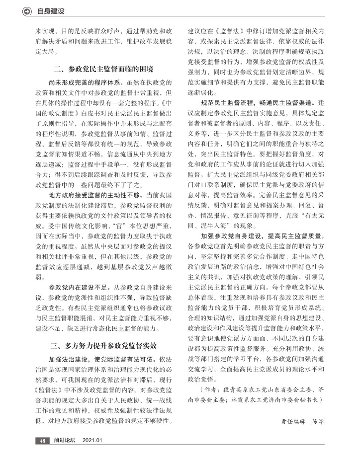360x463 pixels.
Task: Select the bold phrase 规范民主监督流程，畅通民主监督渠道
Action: (x=258, y=103)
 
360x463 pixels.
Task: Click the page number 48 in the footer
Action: (x=43, y=440)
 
